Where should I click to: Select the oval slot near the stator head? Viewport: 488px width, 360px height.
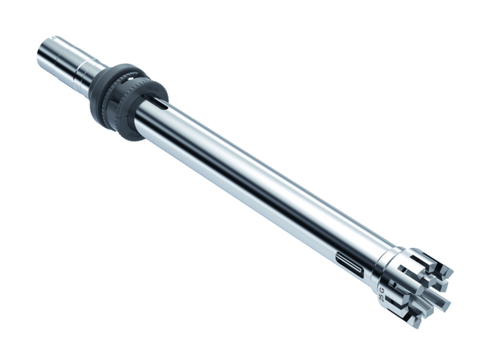349,264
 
